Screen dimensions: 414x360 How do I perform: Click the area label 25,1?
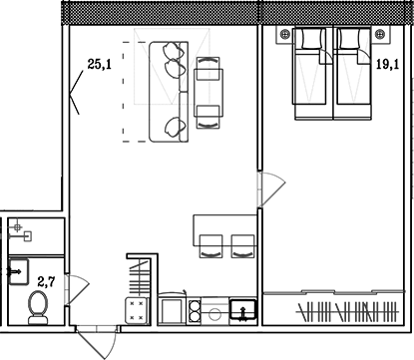99,64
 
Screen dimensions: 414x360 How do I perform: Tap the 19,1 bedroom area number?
387,64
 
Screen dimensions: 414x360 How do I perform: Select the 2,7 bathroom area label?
46,282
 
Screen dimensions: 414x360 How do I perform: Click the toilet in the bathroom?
38,307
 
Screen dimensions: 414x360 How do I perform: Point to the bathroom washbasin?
18,272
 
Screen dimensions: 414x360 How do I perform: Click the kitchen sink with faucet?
243,310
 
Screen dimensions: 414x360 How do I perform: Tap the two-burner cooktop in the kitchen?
195,312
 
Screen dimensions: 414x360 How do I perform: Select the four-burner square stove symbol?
137,310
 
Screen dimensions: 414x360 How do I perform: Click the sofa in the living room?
169,92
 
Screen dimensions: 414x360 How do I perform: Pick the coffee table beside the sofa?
208,93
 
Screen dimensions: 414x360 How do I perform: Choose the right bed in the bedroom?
353,73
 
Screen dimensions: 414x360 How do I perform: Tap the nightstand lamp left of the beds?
284,34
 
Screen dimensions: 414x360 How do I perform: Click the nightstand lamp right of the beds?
380,34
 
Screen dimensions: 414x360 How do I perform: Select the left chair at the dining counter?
210,246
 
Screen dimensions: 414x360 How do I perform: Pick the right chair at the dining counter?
242,246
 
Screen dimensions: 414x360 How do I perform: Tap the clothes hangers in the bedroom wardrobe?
347,312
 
